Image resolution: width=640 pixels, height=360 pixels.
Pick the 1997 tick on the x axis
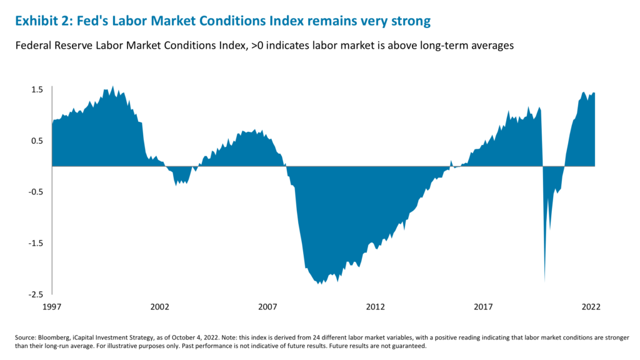click(x=52, y=307)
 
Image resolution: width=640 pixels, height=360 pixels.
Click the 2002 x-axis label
click(x=160, y=307)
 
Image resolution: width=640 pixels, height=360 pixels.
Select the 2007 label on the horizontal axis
click(x=267, y=307)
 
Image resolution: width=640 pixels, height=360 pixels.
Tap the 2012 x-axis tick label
click(x=376, y=307)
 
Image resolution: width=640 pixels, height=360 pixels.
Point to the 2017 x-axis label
click(x=483, y=307)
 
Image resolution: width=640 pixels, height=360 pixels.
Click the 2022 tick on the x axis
click(x=591, y=307)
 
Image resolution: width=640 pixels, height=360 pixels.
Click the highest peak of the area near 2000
click(x=112, y=87)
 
